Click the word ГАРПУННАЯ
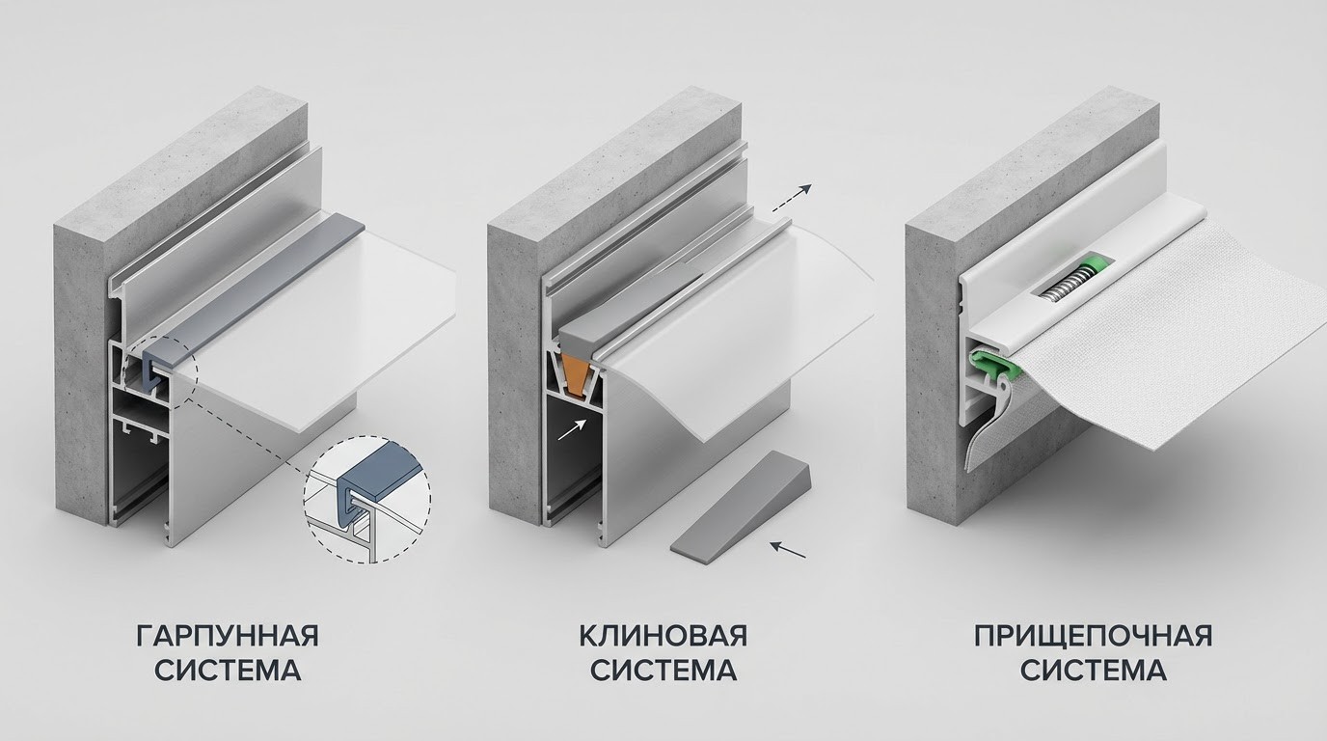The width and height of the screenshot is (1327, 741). (x=228, y=636)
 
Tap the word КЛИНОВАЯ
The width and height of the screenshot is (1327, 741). (x=663, y=636)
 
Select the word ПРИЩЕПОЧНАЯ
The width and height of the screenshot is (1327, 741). (x=1094, y=636)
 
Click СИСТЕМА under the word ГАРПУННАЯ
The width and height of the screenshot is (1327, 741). (x=228, y=671)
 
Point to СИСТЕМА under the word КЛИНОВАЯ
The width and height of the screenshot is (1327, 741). (x=663, y=671)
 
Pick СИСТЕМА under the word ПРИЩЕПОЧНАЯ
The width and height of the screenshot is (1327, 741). (x=1094, y=671)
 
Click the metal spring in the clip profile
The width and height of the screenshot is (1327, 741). (x=1071, y=284)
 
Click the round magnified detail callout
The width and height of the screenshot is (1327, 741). (x=366, y=499)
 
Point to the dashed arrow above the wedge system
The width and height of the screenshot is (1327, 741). (x=791, y=198)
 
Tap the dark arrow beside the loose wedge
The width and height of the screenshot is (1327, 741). (x=789, y=550)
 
